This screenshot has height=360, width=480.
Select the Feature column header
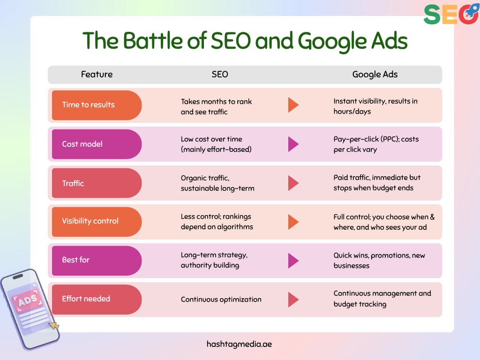(x=97, y=74)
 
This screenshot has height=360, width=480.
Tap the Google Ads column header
(x=375, y=74)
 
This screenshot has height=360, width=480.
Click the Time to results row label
(x=89, y=105)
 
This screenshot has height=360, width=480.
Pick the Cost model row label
(x=82, y=144)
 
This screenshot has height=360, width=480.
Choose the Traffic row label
(x=73, y=183)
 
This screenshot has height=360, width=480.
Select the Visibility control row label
(x=90, y=221)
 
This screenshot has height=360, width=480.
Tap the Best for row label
(x=75, y=260)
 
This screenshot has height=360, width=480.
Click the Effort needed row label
(x=86, y=299)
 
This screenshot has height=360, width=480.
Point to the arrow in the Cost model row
(x=293, y=144)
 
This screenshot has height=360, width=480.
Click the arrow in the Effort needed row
(x=293, y=299)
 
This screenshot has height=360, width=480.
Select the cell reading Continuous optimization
(x=221, y=299)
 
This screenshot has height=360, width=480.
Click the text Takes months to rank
(x=216, y=102)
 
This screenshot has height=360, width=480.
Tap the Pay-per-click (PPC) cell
(x=376, y=144)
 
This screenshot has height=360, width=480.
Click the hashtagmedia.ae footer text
(x=239, y=344)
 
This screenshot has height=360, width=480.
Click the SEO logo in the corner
(x=450, y=15)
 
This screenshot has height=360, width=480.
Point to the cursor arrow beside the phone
(x=54, y=324)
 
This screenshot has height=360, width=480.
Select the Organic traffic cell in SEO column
(x=217, y=183)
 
